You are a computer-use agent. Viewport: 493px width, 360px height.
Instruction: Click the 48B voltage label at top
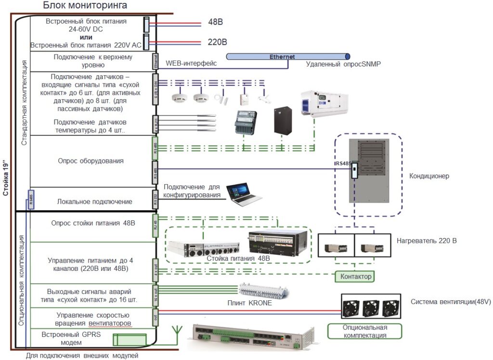[215, 22]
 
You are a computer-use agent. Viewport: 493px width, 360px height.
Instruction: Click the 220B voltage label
[217, 42]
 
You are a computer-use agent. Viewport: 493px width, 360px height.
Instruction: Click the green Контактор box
[356, 277]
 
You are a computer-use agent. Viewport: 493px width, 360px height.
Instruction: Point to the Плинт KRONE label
[249, 303]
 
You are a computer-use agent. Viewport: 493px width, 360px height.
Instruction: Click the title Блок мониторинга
[85, 6]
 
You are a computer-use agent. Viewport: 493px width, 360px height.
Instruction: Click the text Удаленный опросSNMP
[343, 64]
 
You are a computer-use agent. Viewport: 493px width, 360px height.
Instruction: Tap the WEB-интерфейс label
[191, 63]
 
